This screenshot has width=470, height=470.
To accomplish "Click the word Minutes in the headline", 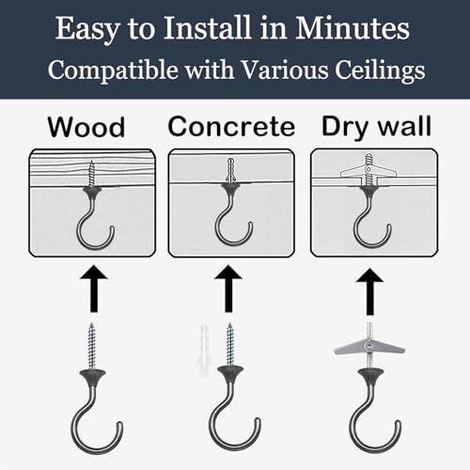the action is click(352, 28).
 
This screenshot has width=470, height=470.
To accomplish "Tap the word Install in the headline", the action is click(207, 27).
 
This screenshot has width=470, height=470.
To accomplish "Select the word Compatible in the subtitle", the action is click(112, 70).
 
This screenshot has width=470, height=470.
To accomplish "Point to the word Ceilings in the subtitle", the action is click(380, 70).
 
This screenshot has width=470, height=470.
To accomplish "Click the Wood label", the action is click(86, 127).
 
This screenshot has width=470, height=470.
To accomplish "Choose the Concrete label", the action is click(231, 127).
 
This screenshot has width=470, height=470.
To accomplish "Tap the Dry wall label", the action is click(377, 127).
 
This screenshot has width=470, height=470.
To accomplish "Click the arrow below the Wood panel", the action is click(94, 289).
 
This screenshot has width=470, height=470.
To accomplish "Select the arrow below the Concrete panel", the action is click(228, 289).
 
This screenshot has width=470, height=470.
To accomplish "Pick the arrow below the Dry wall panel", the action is click(370, 291).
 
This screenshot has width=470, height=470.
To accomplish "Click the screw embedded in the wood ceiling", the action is click(92, 173).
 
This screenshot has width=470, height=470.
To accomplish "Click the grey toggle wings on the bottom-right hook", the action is click(369, 348).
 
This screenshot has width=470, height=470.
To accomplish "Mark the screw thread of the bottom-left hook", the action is click(92, 346).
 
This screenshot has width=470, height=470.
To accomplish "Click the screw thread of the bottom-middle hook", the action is click(230, 345).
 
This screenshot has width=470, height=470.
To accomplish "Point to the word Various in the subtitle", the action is click(285, 70).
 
